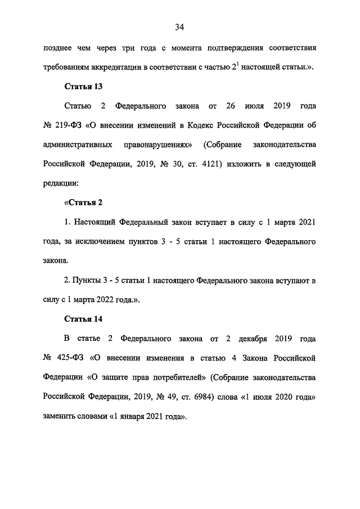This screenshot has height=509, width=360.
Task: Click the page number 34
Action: [180, 27]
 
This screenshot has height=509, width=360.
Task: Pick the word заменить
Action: [60, 417]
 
